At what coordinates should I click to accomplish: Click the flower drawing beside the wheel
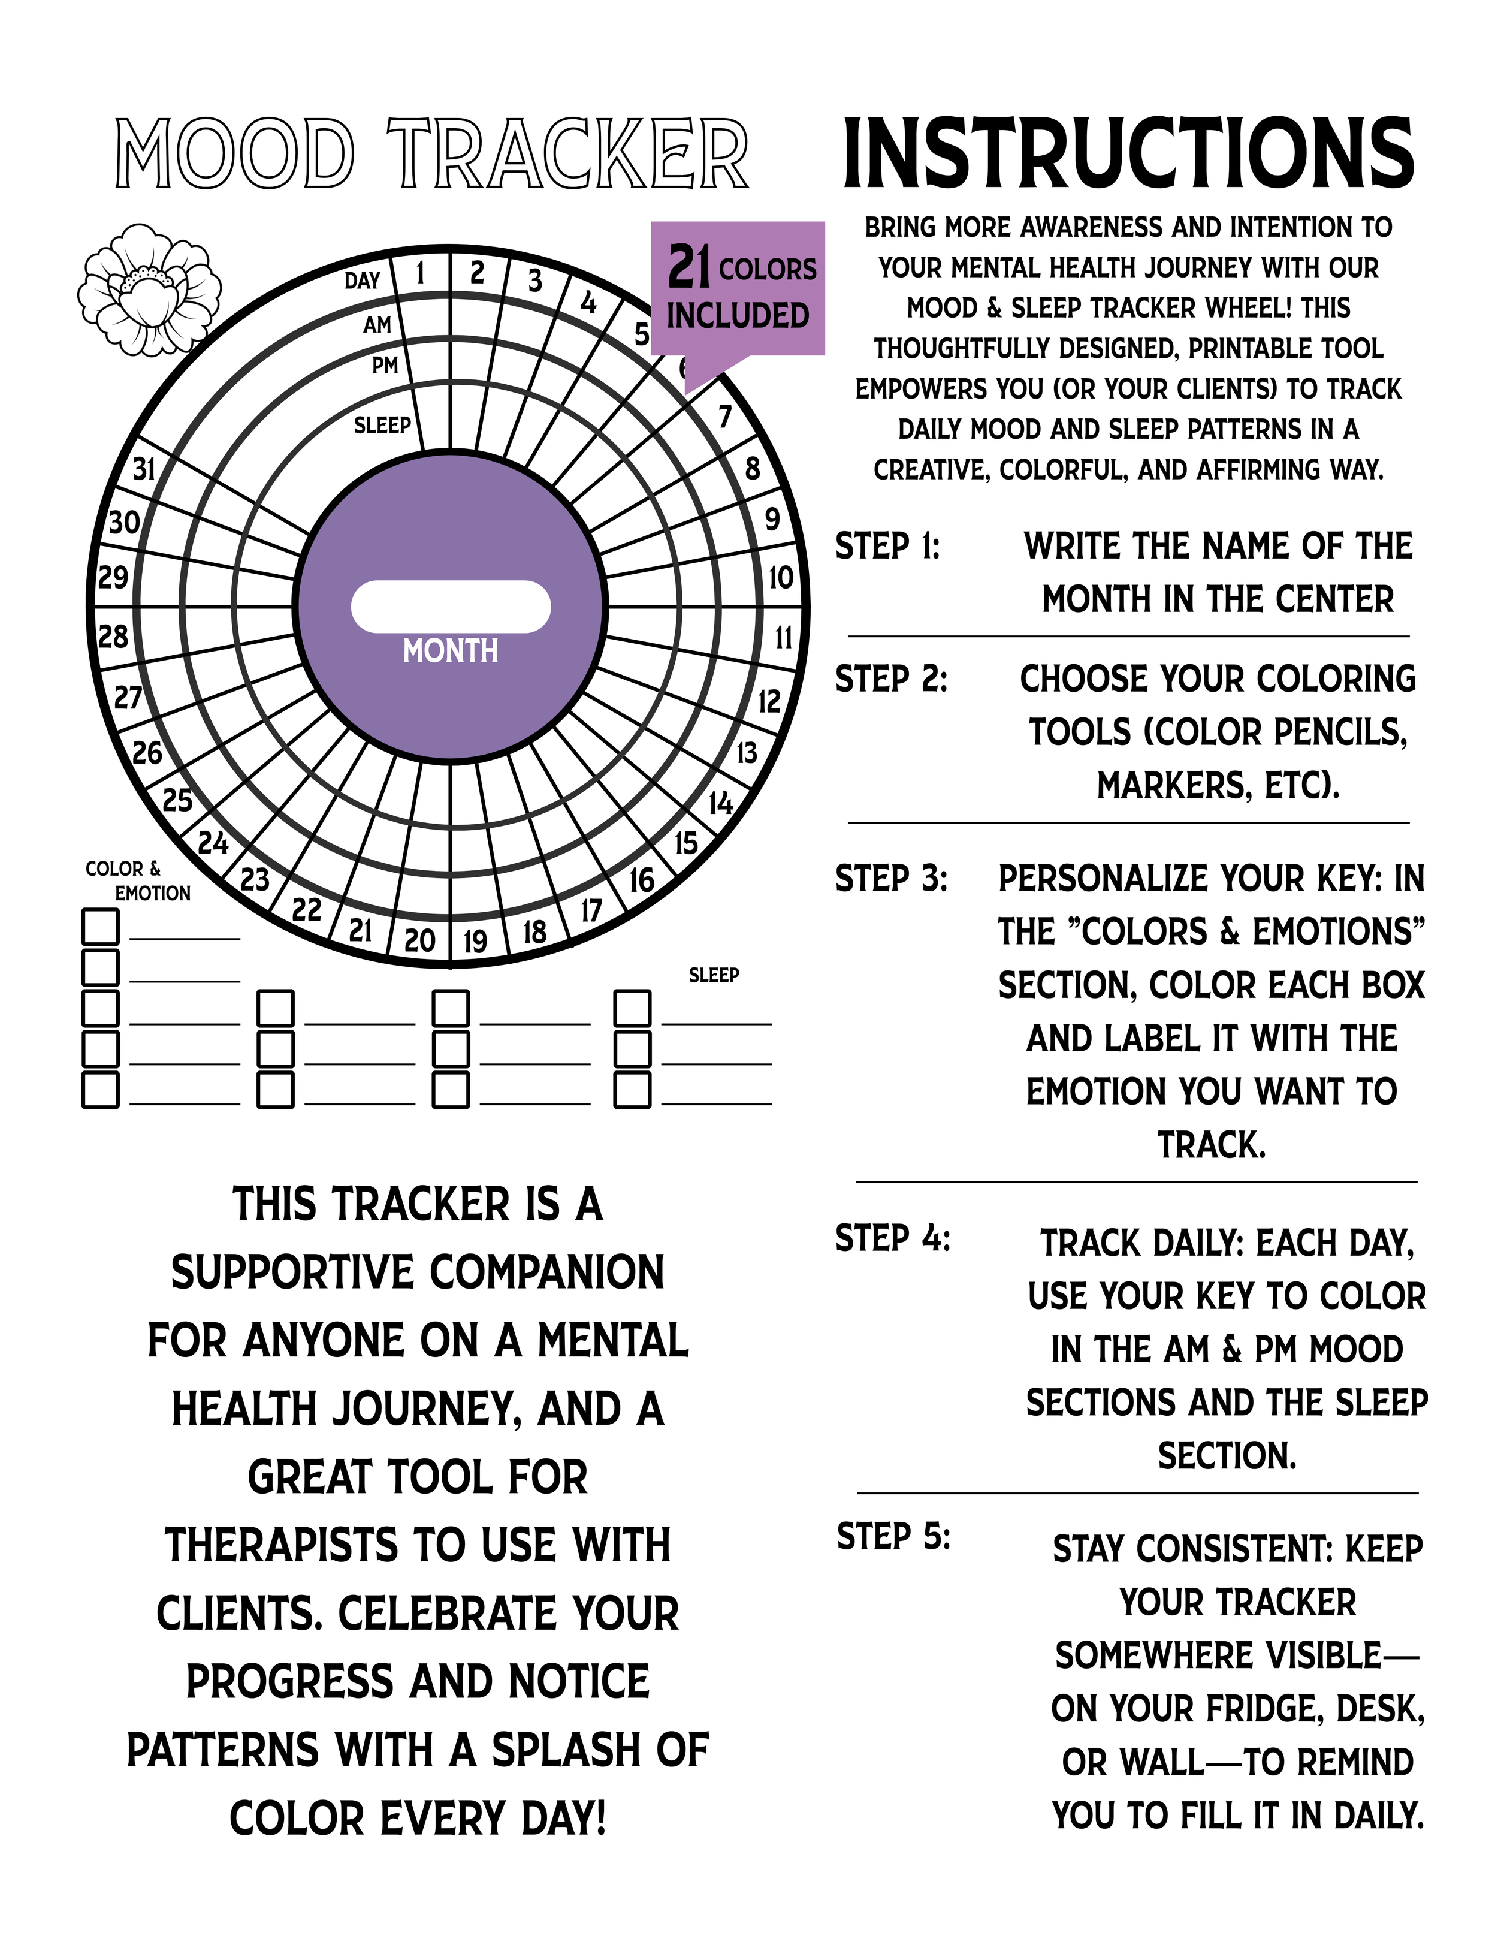(149, 290)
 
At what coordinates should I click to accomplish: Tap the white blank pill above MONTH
(451, 607)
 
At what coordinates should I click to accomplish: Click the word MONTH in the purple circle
(451, 651)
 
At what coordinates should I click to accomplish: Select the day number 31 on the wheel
(144, 468)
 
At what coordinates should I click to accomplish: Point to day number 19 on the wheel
(476, 940)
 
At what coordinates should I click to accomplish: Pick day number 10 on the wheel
(780, 578)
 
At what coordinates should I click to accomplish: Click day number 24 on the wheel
(213, 842)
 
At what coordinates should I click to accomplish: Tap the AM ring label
(377, 325)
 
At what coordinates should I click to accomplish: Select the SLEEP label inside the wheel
(382, 426)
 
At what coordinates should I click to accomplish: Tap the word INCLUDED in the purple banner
(738, 315)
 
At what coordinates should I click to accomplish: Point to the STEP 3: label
(891, 878)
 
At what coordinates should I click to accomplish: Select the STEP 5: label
(893, 1535)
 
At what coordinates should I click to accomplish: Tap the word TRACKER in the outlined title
(568, 155)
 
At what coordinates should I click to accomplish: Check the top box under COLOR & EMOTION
(100, 926)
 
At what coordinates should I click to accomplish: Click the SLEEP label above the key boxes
(714, 975)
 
